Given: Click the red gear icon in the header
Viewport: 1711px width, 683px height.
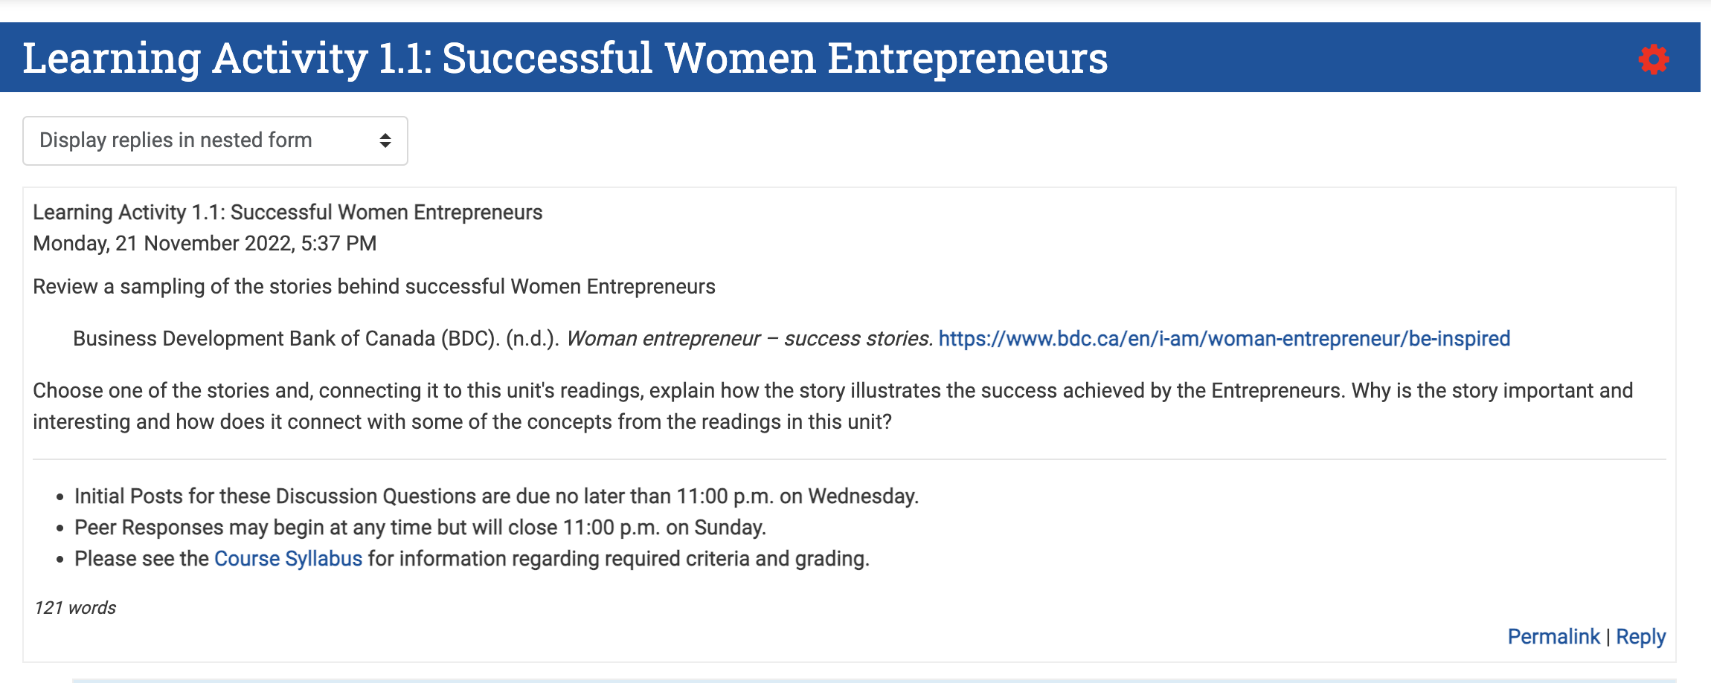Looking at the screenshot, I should (x=1653, y=59).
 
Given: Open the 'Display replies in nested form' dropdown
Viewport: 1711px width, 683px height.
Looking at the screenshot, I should (x=214, y=140).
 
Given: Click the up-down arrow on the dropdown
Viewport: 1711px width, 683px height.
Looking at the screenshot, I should (x=385, y=140).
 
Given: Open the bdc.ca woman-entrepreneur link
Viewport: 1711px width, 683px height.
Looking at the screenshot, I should (x=1224, y=339).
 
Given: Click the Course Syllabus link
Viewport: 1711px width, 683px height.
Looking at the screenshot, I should (x=288, y=559).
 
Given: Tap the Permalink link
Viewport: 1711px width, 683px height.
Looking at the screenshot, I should (x=1553, y=637).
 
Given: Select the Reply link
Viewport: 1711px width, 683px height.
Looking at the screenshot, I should (x=1640, y=637).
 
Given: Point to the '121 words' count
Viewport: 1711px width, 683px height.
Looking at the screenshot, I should (x=75, y=608).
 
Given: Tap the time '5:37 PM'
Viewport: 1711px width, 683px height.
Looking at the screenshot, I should (x=338, y=244).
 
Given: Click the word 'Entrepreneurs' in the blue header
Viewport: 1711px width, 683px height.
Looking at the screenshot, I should (x=967, y=58).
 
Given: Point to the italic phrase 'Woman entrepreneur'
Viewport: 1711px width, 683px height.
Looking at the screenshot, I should (x=663, y=339).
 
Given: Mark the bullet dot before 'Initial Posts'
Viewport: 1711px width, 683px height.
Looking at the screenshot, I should (x=60, y=497).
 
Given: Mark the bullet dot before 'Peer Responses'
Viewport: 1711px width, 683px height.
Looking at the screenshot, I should (x=60, y=528).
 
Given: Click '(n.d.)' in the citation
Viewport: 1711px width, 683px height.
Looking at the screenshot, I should (x=532, y=339).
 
